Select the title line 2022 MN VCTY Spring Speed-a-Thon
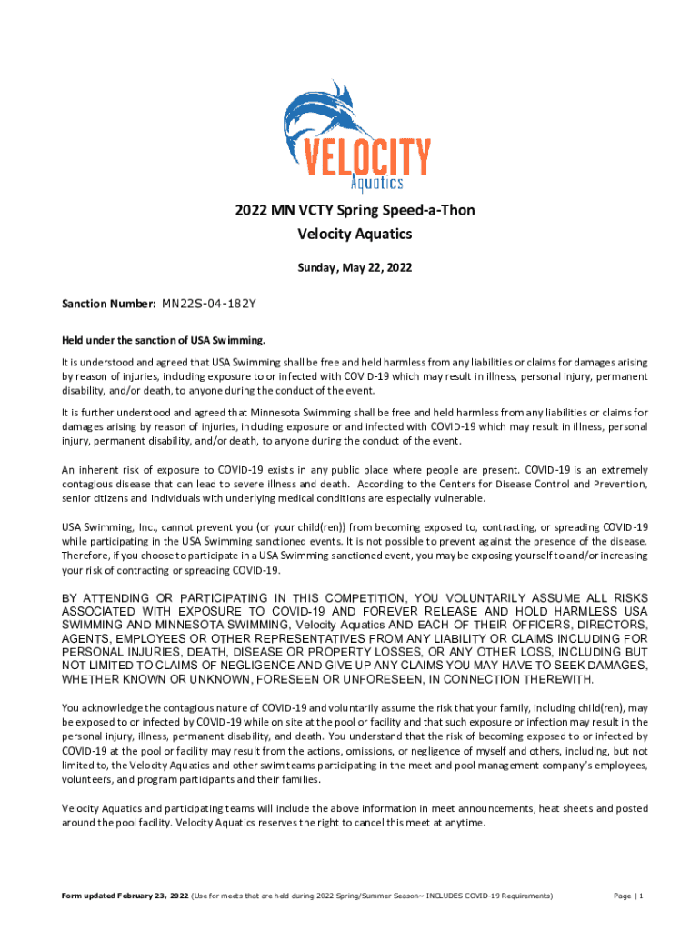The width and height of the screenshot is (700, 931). tap(355, 211)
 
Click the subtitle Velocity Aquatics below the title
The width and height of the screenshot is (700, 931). tap(355, 235)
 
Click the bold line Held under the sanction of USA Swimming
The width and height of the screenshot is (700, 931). tap(163, 340)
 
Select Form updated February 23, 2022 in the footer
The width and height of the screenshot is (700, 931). tap(125, 896)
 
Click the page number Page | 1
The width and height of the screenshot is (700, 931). tap(628, 896)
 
